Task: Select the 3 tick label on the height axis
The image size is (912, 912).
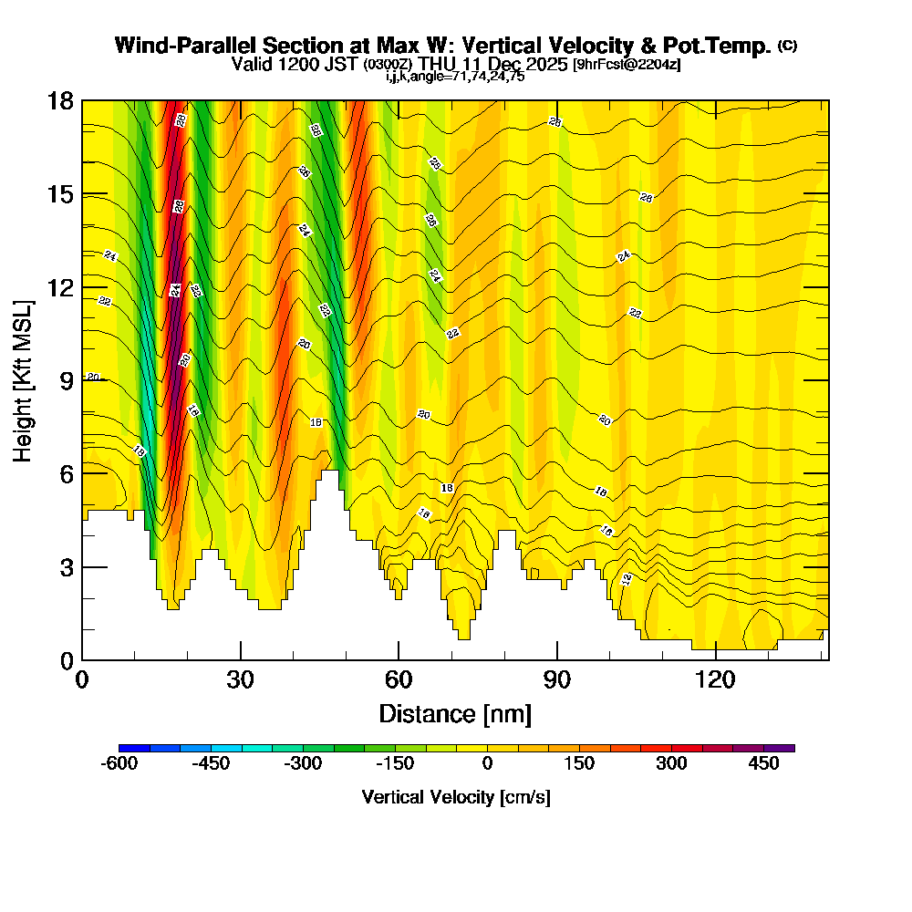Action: coord(66,567)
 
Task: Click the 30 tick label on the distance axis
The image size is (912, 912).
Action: coord(241,680)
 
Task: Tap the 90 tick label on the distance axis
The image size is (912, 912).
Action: coord(557,680)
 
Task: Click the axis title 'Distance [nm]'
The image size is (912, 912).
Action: coord(455,712)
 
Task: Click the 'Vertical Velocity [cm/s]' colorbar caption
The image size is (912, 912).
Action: coord(455,797)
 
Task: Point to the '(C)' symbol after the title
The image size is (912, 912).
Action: coord(787,46)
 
